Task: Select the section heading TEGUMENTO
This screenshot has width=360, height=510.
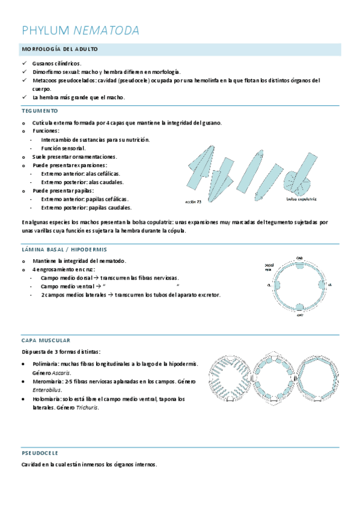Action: tap(40, 111)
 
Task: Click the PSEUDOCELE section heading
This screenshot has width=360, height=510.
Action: tap(40, 452)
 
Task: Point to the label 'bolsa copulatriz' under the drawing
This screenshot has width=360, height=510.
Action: tap(302, 198)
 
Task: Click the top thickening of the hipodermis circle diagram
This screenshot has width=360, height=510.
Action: tap(299, 262)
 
